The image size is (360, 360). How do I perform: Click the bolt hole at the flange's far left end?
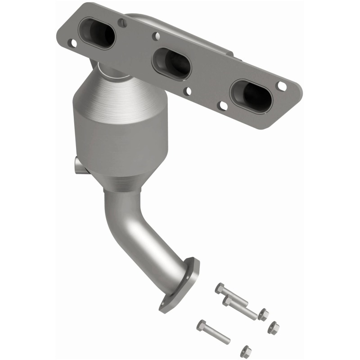tap(72, 43)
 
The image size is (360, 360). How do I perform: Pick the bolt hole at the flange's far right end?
tap(282, 85)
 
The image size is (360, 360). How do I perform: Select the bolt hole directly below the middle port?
tap(188, 91)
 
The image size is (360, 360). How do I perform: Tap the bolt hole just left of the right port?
tap(222, 106)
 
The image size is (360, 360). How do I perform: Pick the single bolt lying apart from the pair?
tap(213, 331)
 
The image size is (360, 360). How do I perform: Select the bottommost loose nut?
tap(245, 350)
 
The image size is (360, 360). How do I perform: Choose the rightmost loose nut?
tap(273, 328)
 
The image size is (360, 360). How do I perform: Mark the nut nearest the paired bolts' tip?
tap(263, 314)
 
